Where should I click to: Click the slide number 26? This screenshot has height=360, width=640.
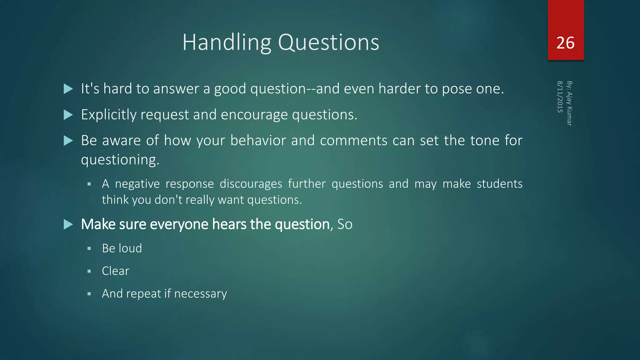point(565,43)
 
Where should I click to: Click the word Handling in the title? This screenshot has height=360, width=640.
point(227,42)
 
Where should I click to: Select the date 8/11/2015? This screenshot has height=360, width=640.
point(560,97)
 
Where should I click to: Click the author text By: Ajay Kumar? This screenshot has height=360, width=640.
point(569,103)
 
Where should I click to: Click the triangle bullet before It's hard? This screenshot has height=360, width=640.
point(68,89)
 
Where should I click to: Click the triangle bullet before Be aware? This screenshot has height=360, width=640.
point(68,141)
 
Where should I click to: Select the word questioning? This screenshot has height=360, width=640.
point(120,160)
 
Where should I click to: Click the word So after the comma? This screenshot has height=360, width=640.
point(345,224)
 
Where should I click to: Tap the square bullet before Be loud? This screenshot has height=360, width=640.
point(89,249)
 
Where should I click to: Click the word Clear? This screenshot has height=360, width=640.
point(115,271)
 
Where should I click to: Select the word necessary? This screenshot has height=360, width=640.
point(200,294)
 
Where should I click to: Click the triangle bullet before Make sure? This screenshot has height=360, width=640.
point(68,224)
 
